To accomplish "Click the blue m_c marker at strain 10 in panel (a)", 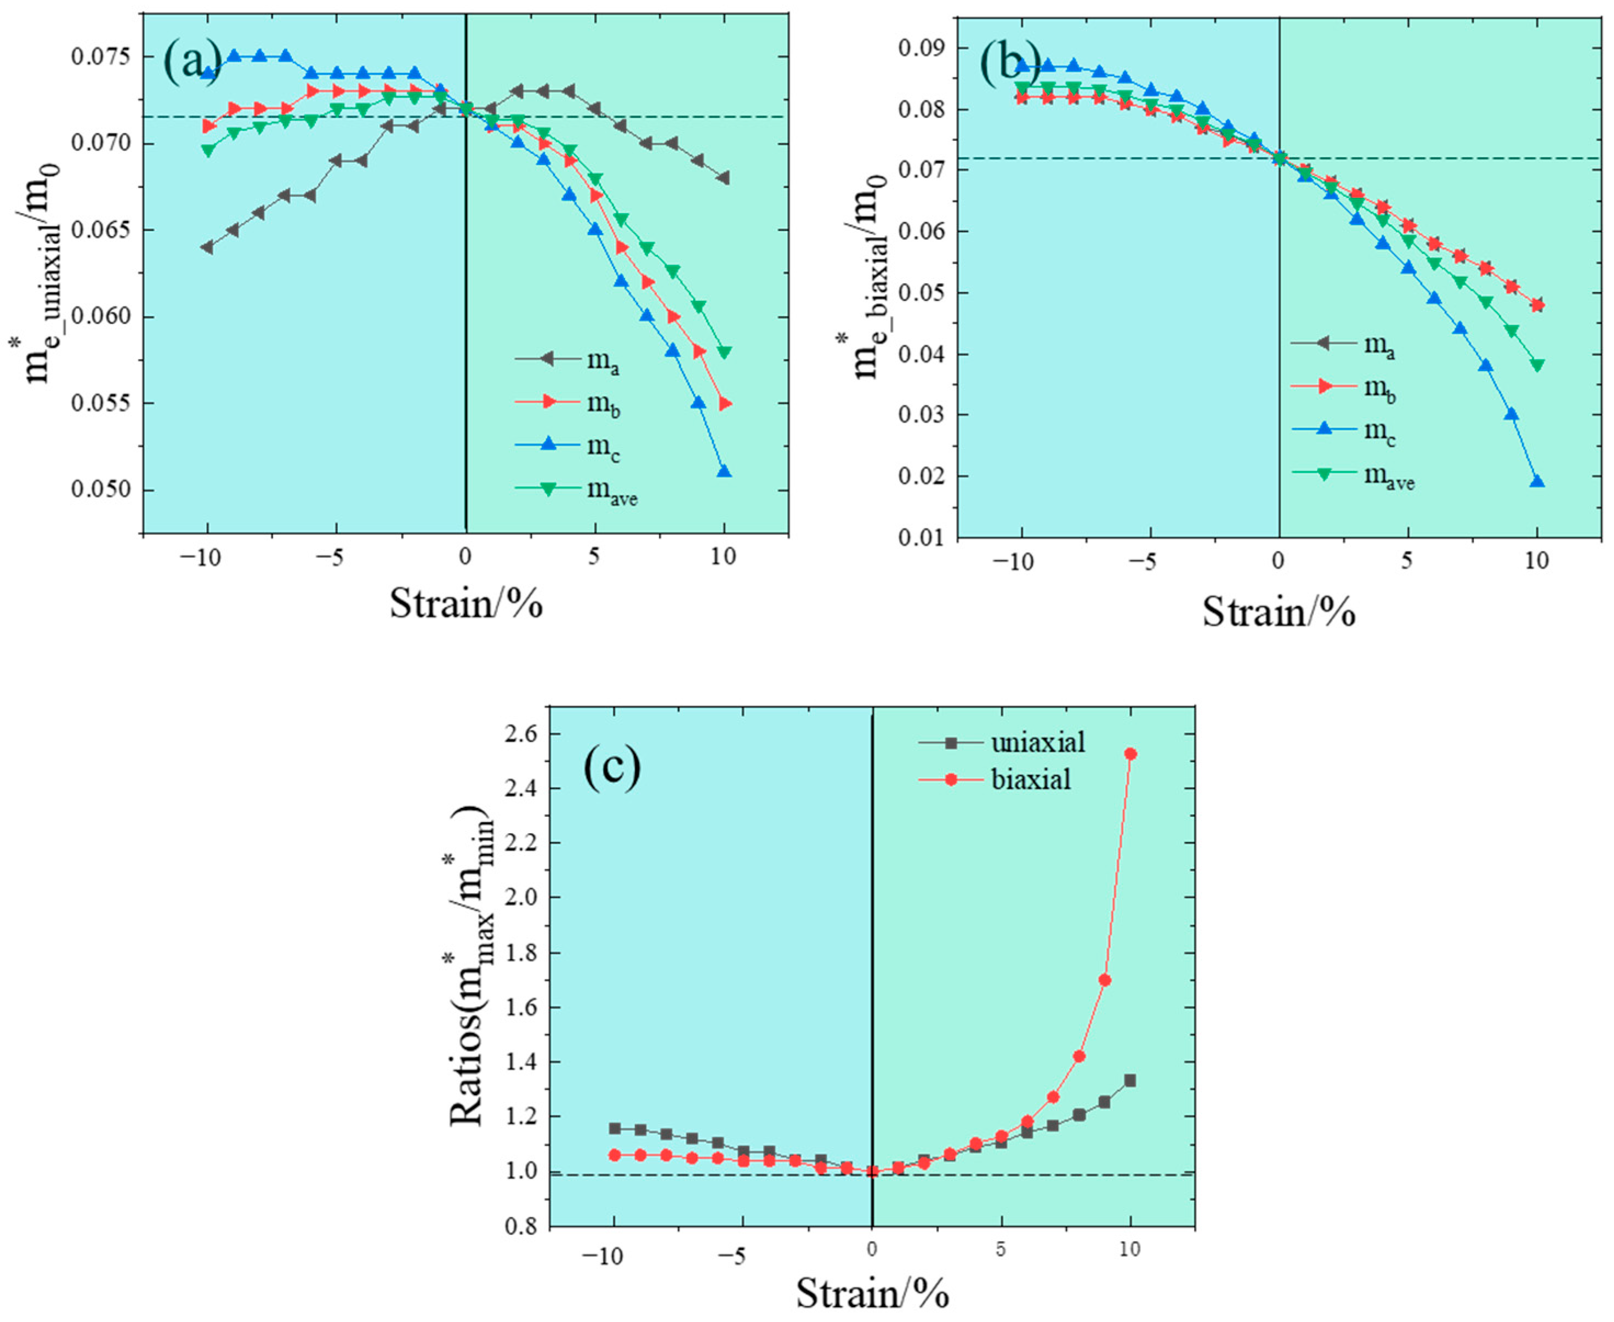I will [724, 472].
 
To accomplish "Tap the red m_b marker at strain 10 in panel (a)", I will [724, 403].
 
